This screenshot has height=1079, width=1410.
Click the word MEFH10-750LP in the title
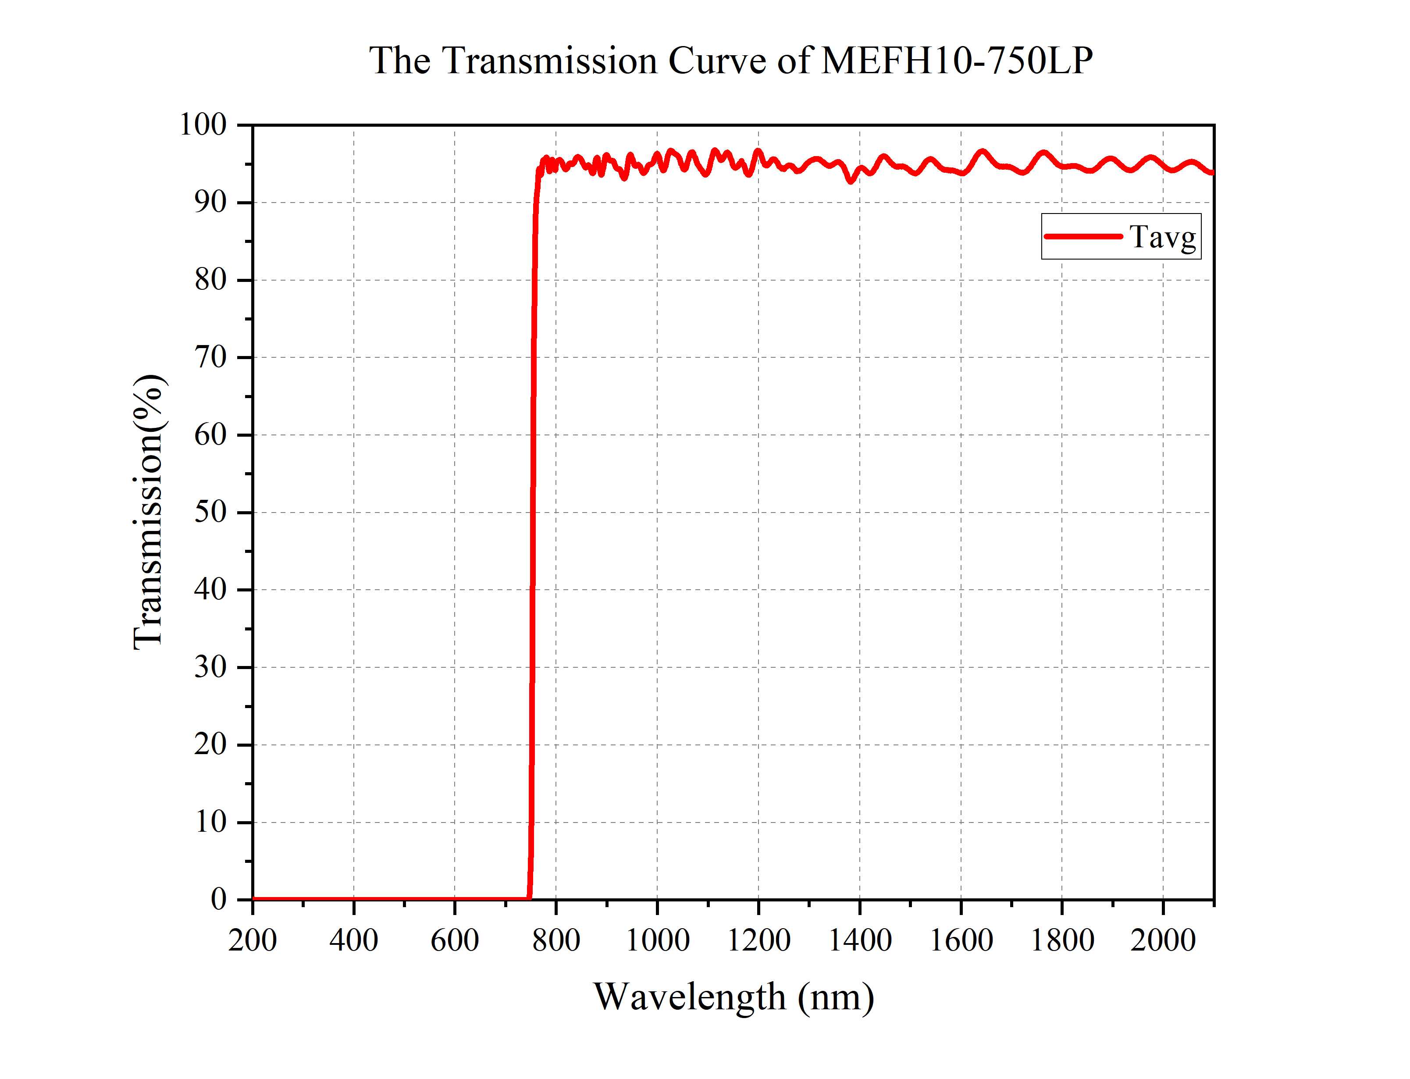point(957,61)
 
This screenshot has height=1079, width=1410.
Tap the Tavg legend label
point(1163,237)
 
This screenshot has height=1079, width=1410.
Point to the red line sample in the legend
point(1082,236)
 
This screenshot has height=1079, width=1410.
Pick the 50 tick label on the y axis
point(210,513)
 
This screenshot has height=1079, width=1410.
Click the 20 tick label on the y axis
point(210,744)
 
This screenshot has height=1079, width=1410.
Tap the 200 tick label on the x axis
point(253,941)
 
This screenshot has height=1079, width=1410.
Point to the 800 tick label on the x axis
point(556,941)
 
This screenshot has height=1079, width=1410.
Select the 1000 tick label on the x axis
point(658,941)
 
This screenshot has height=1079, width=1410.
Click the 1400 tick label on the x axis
point(860,941)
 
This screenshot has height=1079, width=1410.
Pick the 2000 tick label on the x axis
point(1163,941)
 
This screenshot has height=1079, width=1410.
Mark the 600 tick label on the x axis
point(455,941)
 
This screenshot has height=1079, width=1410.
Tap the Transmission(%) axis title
point(149,512)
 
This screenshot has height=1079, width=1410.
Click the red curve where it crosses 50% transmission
point(532,513)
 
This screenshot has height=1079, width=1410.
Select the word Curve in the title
point(717,61)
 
